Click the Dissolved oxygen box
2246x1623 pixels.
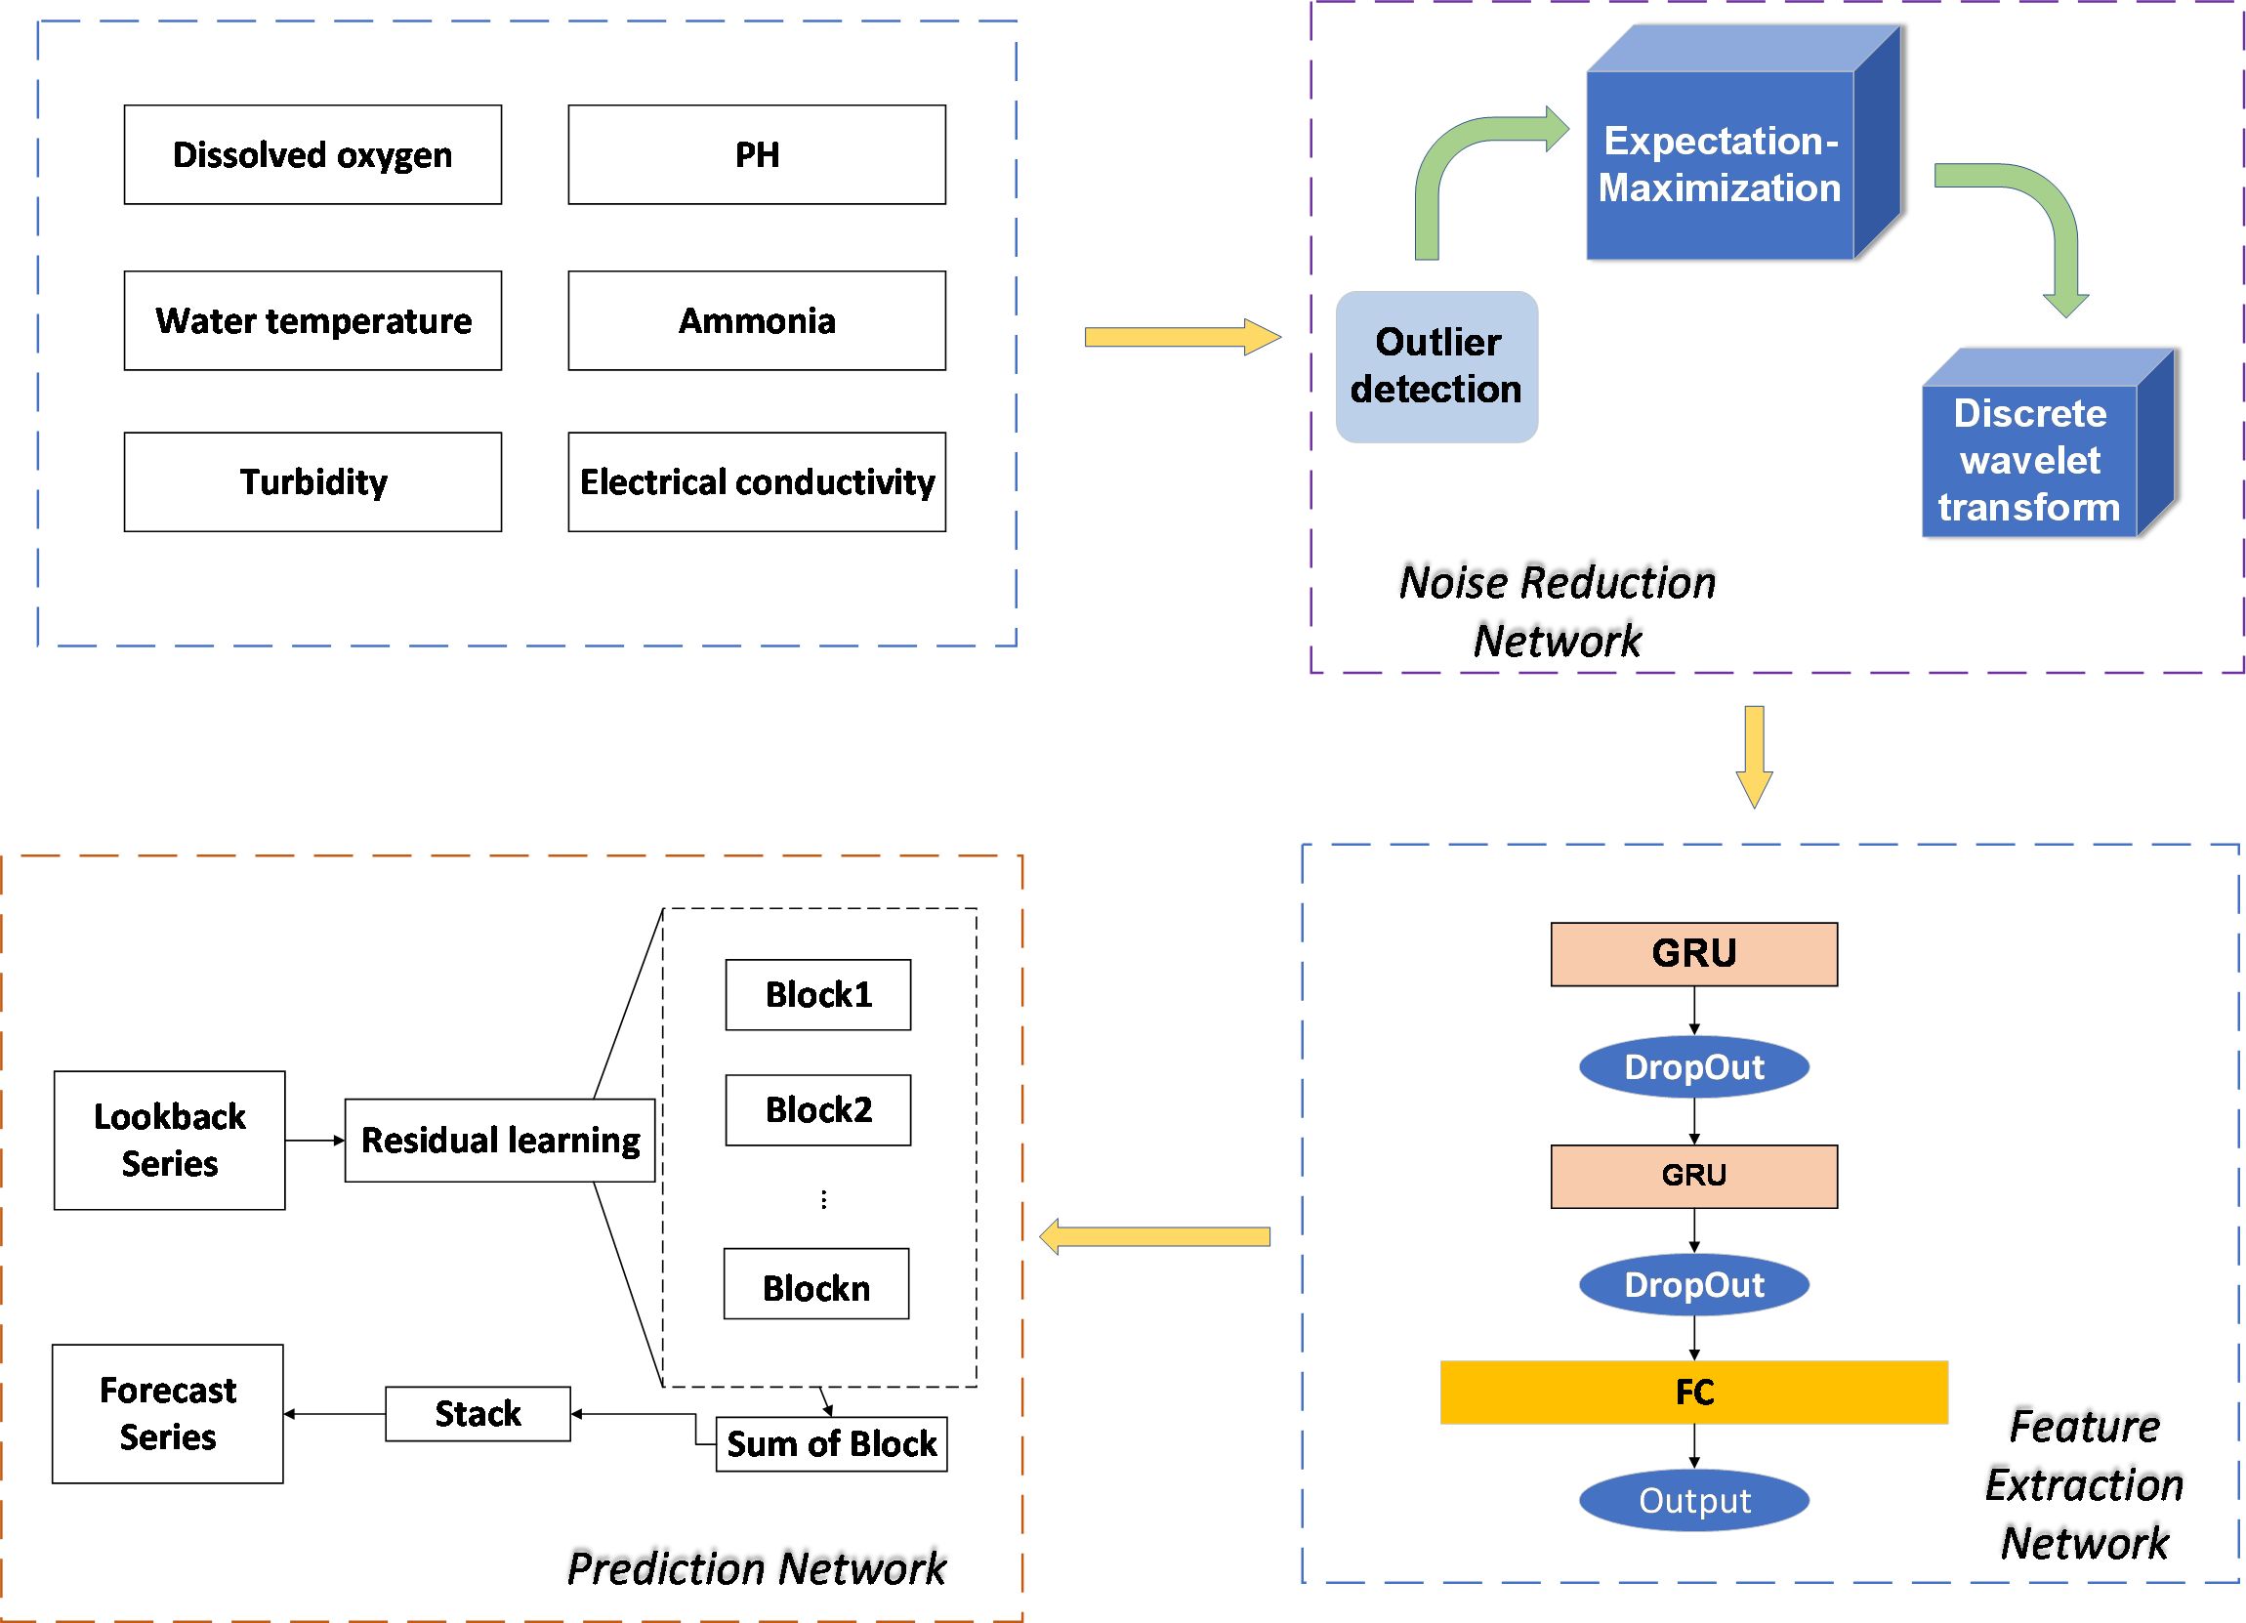coord(312,154)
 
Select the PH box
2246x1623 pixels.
coord(757,154)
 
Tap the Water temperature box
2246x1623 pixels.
coord(312,321)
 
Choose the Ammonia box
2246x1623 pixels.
coord(757,321)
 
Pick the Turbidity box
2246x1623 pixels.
coord(312,482)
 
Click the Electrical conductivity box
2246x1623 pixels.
coord(757,482)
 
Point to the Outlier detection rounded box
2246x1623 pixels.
coord(1435,366)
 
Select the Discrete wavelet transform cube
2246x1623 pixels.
coord(2047,442)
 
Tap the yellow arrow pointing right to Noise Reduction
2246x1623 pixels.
coord(1183,337)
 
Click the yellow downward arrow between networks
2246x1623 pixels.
coord(1754,757)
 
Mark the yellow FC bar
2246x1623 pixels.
coord(1693,1393)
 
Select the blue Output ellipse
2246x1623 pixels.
coord(1693,1501)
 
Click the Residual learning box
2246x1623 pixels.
coord(500,1140)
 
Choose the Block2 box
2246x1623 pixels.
coord(818,1110)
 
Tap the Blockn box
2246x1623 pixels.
coord(816,1283)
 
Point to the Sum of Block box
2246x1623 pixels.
coord(831,1443)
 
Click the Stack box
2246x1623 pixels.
coord(478,1414)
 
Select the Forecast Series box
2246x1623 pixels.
coord(167,1414)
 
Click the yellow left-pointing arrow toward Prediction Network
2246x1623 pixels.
coord(1153,1237)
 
